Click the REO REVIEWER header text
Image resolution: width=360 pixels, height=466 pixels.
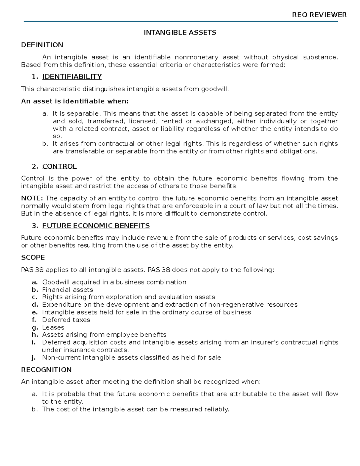(x=319, y=15)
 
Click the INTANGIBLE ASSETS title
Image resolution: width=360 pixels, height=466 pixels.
(x=180, y=32)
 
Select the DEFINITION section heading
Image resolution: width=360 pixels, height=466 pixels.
(x=42, y=45)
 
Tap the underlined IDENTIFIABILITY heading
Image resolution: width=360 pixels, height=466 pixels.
(x=72, y=77)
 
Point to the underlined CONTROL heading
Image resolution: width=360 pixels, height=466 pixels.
(x=59, y=167)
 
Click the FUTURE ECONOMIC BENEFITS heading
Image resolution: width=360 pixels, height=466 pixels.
(x=96, y=226)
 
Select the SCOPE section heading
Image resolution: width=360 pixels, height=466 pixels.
(x=33, y=257)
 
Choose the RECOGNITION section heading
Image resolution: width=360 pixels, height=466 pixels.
(x=46, y=370)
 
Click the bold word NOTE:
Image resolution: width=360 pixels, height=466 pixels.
(x=32, y=198)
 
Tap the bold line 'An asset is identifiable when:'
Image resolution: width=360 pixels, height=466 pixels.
(x=75, y=101)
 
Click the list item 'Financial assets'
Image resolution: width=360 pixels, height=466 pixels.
(x=67, y=290)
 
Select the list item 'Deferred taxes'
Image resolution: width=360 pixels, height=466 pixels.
(x=66, y=320)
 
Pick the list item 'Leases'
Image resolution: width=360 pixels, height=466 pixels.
(x=53, y=327)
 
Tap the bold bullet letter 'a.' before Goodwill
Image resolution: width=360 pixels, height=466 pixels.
(x=34, y=282)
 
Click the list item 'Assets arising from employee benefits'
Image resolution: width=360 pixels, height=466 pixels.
(x=104, y=335)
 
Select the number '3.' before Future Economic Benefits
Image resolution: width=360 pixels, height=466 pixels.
(x=35, y=226)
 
